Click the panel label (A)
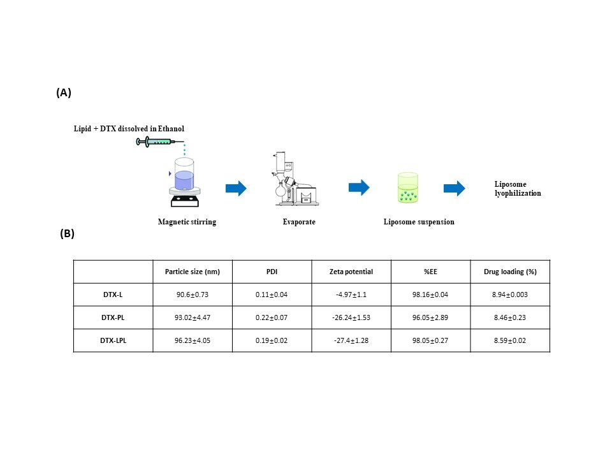coord(64,92)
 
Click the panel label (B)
coord(67,233)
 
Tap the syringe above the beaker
coord(160,142)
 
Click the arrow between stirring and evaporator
coord(236,188)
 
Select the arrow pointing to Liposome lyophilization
coord(454,188)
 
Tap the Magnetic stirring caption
coord(187,222)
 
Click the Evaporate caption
coord(299,222)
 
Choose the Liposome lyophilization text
coord(518,189)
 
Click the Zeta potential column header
coord(351,272)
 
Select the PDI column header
coord(272,272)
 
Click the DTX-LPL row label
coord(113,340)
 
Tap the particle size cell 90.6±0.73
coord(192,295)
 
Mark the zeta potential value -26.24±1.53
coord(351,317)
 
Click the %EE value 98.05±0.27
coord(430,340)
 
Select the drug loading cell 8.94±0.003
coord(510,295)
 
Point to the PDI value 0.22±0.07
coord(272,317)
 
